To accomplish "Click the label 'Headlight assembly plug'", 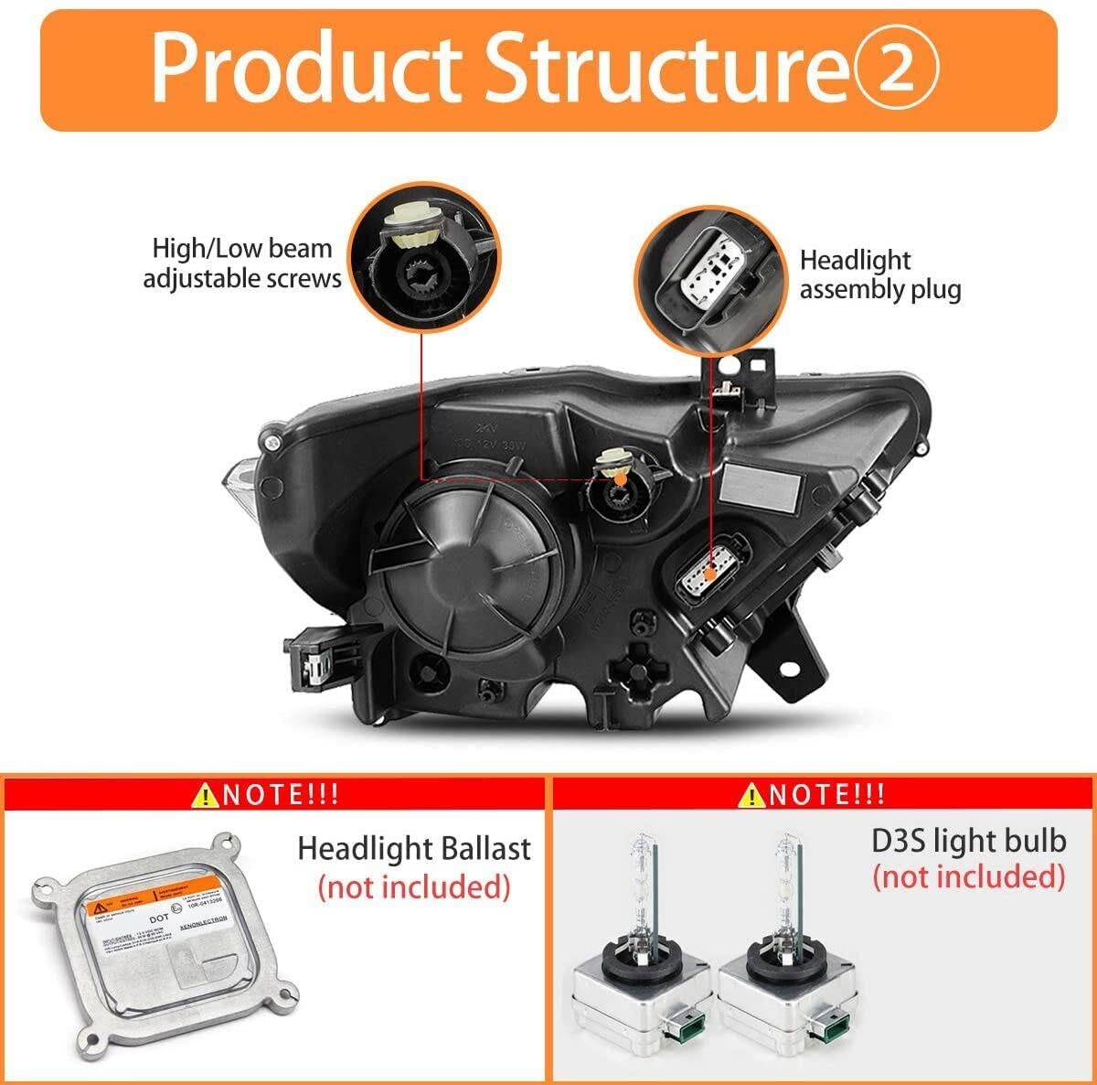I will click(879, 275).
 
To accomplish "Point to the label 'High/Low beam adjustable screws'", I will click(241, 263).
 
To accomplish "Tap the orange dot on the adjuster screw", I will click(621, 478).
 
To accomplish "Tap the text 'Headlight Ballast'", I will click(413, 848).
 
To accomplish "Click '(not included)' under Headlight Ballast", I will click(413, 886).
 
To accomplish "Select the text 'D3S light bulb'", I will click(968, 840).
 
